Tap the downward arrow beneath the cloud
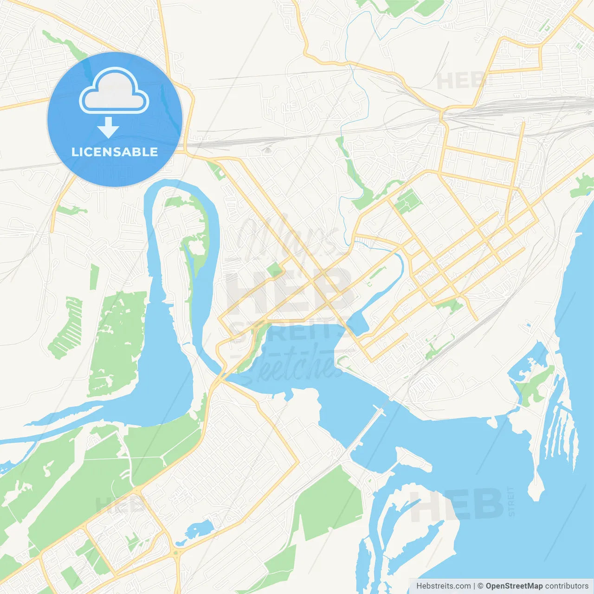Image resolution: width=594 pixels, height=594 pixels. point(109,127)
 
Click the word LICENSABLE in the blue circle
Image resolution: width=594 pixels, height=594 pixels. point(115,152)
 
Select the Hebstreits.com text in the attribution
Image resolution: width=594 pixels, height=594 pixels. point(443,586)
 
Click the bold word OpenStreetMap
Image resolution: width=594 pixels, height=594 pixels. point(514,586)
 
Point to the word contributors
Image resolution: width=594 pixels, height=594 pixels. point(566,586)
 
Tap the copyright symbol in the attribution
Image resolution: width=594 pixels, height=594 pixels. point(480,586)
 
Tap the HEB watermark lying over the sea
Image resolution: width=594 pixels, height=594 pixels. point(457,504)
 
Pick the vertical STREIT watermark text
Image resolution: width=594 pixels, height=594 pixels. point(511,501)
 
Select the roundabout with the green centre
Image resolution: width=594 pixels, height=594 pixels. point(176,553)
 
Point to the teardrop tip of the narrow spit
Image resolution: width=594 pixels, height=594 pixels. point(536,492)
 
